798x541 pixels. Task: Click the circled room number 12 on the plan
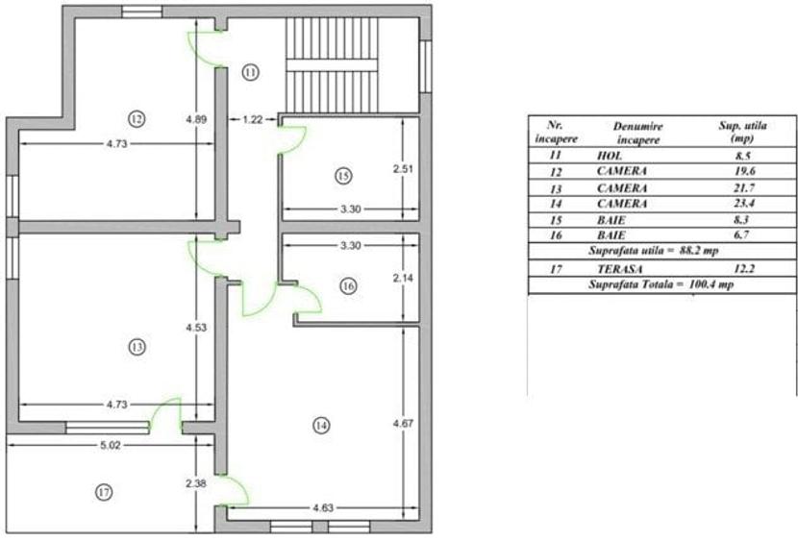(136, 118)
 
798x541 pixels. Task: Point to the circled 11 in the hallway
(250, 72)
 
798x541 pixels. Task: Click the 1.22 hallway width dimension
(253, 119)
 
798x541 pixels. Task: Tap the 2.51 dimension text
(402, 169)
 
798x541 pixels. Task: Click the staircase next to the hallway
(333, 64)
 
